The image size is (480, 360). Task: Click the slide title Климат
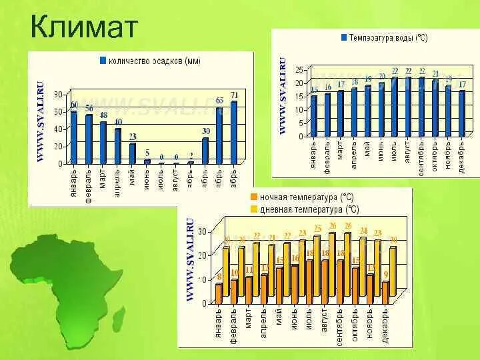pyautogui.click(x=84, y=27)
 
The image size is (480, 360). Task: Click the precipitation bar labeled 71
pyautogui.click(x=234, y=131)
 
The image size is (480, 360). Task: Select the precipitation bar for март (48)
pyautogui.click(x=103, y=141)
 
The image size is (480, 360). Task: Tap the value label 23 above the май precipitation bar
pyautogui.click(x=133, y=137)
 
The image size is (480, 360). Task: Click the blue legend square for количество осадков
pyautogui.click(x=103, y=60)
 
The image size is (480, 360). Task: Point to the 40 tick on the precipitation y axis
pyautogui.click(x=59, y=129)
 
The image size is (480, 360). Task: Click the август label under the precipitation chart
pyautogui.click(x=176, y=179)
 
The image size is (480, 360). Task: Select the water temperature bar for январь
pyautogui.click(x=314, y=115)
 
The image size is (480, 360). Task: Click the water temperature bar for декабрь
pyautogui.click(x=461, y=112)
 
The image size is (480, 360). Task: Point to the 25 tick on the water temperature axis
pyautogui.click(x=299, y=70)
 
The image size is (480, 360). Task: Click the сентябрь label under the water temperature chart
pyautogui.click(x=421, y=157)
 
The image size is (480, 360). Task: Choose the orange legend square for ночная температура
pyautogui.click(x=254, y=197)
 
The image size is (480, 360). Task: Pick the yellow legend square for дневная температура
pyautogui.click(x=254, y=209)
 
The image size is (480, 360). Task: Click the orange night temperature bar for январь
pyautogui.click(x=219, y=293)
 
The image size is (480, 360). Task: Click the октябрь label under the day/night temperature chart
pyautogui.click(x=355, y=325)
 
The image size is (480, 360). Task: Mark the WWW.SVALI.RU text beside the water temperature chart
pyautogui.click(x=283, y=97)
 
